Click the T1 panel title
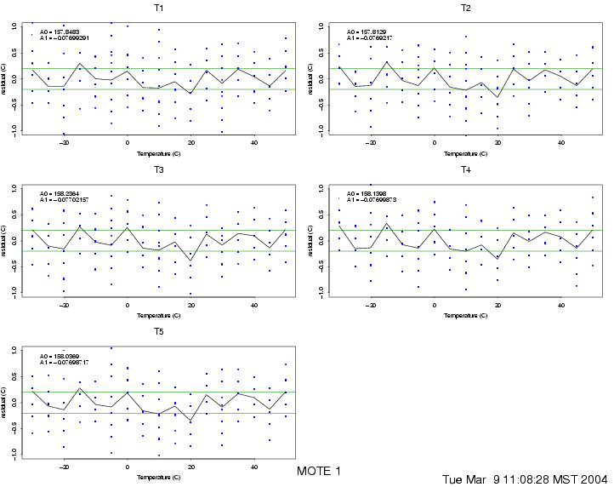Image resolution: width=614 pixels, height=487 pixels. (x=159, y=8)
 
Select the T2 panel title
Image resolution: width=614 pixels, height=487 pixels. (x=466, y=8)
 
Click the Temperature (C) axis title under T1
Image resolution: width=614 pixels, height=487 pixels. (x=159, y=154)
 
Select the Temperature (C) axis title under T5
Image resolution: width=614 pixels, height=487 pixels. (x=159, y=478)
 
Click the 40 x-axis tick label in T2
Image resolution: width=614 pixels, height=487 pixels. (x=561, y=143)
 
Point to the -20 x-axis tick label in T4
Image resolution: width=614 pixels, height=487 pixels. (x=370, y=305)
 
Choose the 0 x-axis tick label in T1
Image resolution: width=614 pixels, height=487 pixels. (x=128, y=143)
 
